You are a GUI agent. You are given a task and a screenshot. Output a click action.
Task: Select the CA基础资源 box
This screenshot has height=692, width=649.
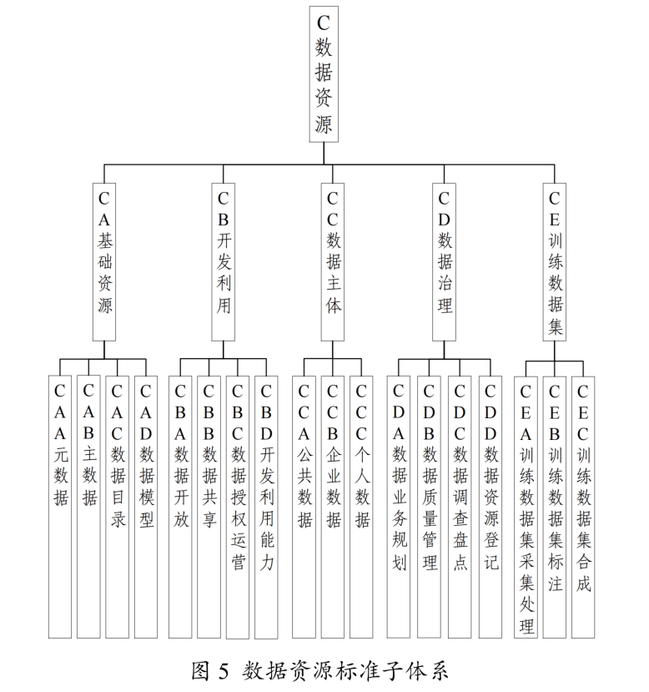click(x=104, y=262)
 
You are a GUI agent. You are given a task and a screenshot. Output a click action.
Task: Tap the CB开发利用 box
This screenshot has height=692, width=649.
click(x=223, y=262)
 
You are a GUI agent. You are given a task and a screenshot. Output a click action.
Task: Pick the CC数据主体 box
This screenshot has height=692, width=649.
click(x=332, y=262)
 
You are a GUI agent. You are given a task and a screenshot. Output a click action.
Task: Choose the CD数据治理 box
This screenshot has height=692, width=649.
click(x=444, y=262)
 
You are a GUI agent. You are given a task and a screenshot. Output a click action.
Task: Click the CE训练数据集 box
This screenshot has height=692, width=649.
click(x=555, y=262)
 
